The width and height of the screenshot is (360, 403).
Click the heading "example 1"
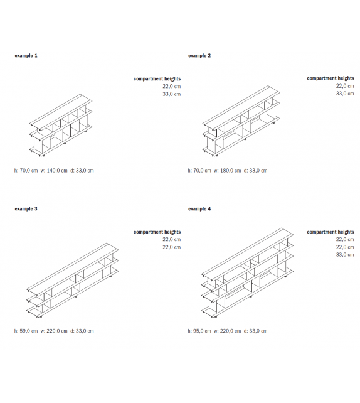[x=26, y=56]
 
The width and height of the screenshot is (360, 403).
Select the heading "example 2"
[x=199, y=56]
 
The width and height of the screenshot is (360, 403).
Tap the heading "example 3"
[x=26, y=208]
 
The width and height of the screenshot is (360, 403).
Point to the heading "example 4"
[x=199, y=208]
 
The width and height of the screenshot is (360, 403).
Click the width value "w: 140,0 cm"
[x=54, y=171]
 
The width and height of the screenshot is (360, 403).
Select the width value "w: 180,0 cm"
[x=228, y=171]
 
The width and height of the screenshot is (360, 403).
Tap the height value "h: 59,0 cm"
[x=26, y=330]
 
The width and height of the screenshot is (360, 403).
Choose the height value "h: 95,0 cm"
[x=199, y=330]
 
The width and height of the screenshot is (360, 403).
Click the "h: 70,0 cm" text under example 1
[x=26, y=171]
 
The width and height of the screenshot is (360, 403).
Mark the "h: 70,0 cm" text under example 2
[x=199, y=171]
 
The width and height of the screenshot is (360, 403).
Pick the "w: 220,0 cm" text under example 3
[x=54, y=330]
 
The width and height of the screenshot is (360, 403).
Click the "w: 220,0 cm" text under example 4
[x=228, y=330]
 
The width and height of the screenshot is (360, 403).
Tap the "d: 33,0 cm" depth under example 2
[x=255, y=171]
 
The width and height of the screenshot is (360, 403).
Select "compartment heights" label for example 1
[x=157, y=79]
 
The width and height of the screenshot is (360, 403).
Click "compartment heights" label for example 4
[x=330, y=232]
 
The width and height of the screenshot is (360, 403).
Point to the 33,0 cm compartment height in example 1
[x=171, y=94]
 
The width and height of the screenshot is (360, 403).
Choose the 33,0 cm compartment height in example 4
[x=344, y=255]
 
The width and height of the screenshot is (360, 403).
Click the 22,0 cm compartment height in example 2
[x=344, y=86]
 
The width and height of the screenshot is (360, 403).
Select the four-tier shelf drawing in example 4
[x=246, y=273]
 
